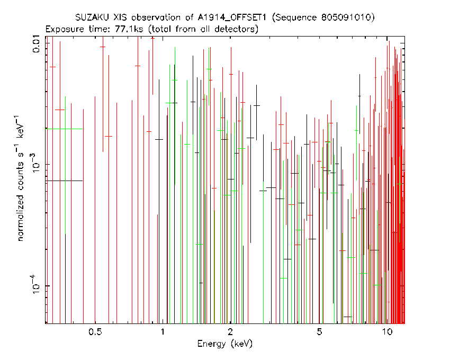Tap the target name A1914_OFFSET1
[232, 18]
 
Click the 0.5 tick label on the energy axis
[95, 332]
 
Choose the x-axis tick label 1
[163, 332]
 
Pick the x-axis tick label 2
[230, 332]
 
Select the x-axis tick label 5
[319, 332]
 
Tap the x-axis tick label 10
[387, 332]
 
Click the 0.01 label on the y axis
[37, 43]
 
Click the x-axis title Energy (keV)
[225, 344]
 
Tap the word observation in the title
[156, 17]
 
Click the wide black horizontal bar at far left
[64, 181]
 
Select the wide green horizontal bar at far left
[64, 129]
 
